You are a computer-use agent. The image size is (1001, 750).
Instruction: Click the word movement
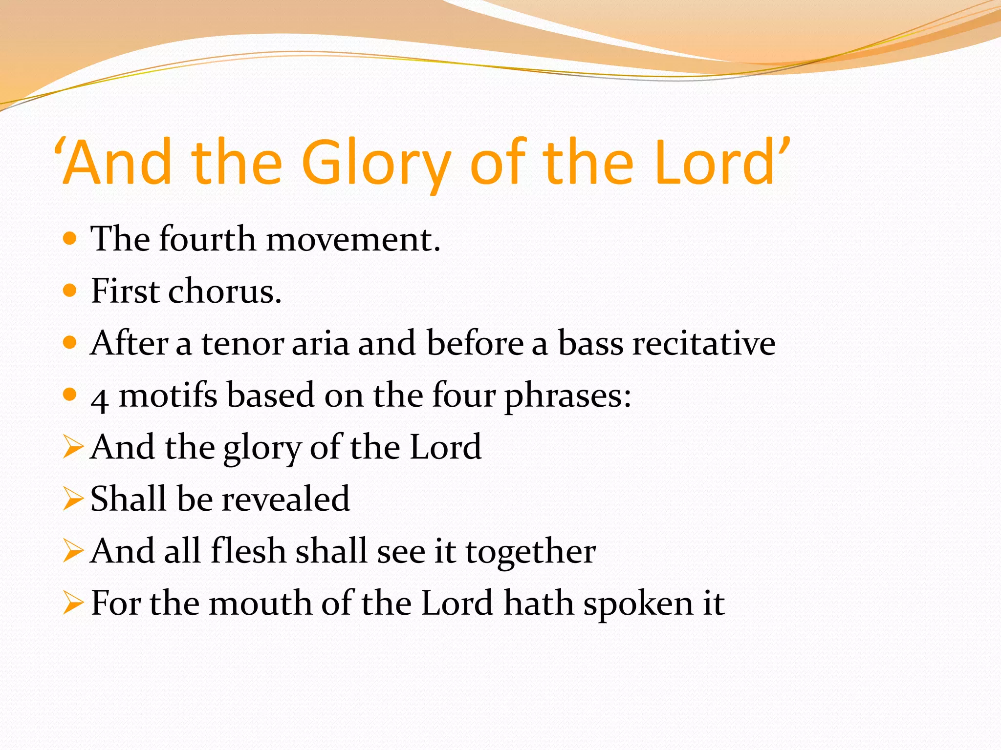(x=353, y=240)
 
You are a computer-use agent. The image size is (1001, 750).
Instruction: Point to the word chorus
(x=225, y=292)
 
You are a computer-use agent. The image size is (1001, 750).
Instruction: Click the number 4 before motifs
(x=100, y=399)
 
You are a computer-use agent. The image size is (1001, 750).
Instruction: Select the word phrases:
(x=568, y=396)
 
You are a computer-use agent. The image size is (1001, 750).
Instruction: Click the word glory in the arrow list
(x=262, y=448)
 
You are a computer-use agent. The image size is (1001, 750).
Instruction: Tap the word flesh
(x=248, y=551)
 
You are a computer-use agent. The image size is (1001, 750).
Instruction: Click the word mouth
(x=261, y=604)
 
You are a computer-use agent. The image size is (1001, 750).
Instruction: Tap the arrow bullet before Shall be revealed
(x=73, y=499)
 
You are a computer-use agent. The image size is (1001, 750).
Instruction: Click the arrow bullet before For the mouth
(x=73, y=603)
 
